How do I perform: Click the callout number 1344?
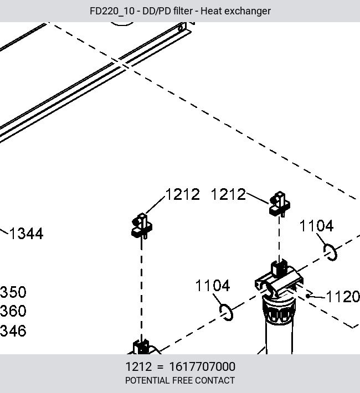tap(27, 234)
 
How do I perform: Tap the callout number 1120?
tap(343, 297)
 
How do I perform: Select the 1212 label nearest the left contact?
tap(183, 194)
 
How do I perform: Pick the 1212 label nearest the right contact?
tap(228, 194)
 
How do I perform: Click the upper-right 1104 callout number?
tap(317, 226)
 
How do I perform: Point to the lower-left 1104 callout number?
tap(213, 286)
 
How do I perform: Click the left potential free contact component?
tap(142, 226)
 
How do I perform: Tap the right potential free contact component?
tap(280, 204)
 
